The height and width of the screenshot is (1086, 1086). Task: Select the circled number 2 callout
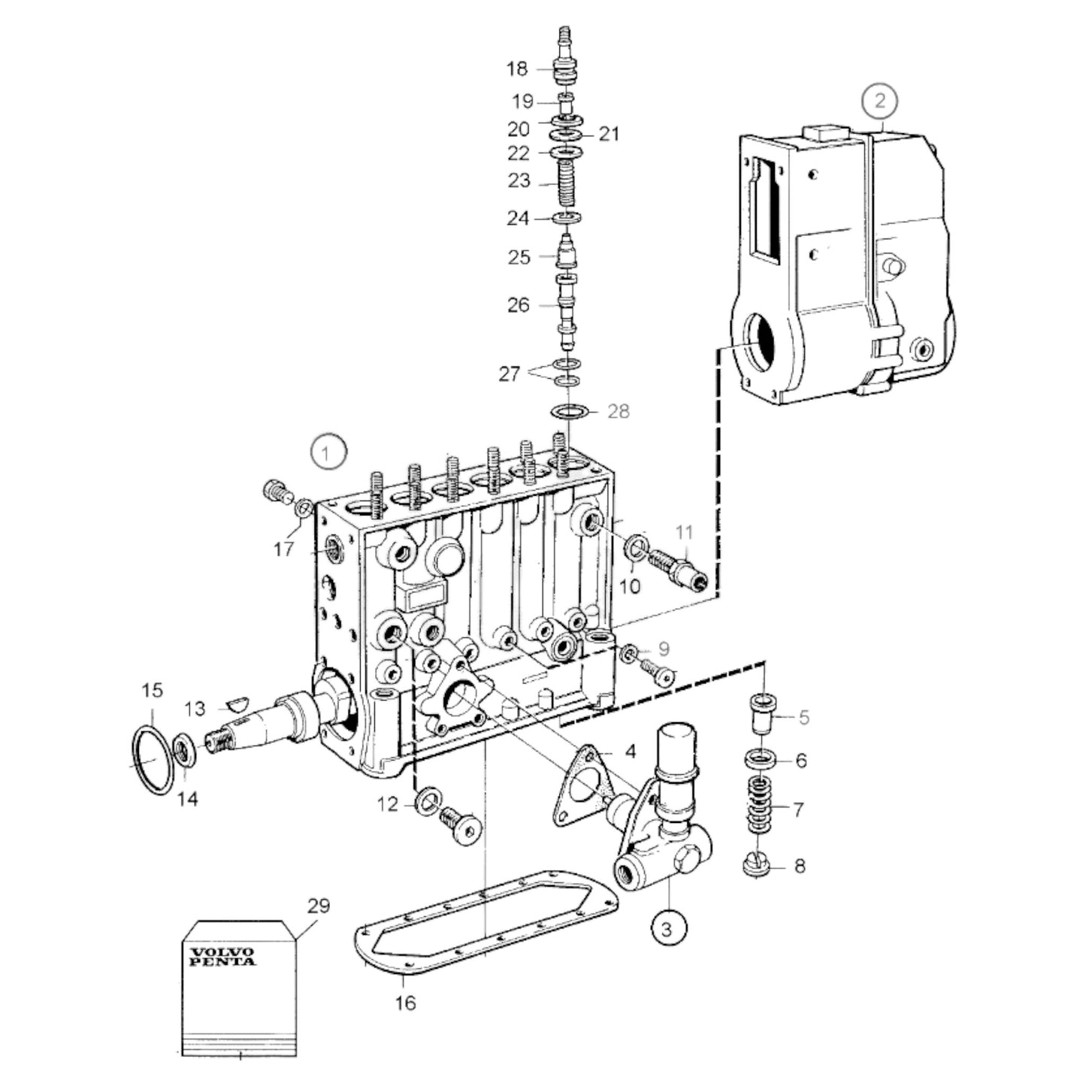[x=880, y=101]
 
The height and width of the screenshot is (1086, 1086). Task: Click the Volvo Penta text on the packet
[x=222, y=957]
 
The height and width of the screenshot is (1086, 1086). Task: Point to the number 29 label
[x=318, y=906]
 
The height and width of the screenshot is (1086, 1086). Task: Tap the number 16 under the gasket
[x=405, y=1003]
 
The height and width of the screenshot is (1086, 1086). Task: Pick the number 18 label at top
[x=517, y=69]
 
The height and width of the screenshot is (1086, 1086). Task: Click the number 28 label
[x=618, y=412]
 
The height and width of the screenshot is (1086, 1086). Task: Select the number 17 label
[x=283, y=549]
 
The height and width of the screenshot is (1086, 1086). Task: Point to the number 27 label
[x=510, y=374]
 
